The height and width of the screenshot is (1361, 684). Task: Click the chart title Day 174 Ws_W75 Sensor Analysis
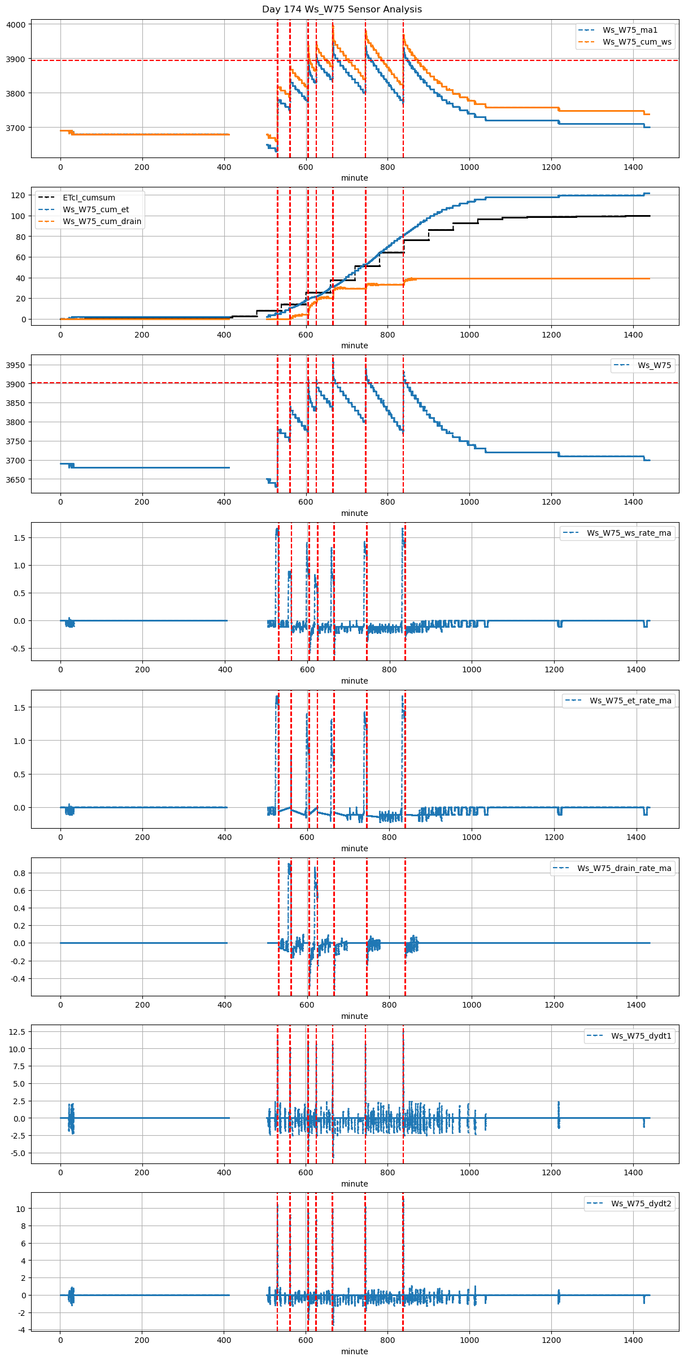(342, 10)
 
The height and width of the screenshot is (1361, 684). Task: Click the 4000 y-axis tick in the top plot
(16, 25)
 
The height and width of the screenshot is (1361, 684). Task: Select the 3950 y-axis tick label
(16, 365)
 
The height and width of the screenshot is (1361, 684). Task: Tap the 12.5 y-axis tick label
(17, 1031)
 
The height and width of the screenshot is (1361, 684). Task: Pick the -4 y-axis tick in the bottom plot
(21, 1330)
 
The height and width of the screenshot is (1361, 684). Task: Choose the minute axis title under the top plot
(354, 178)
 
